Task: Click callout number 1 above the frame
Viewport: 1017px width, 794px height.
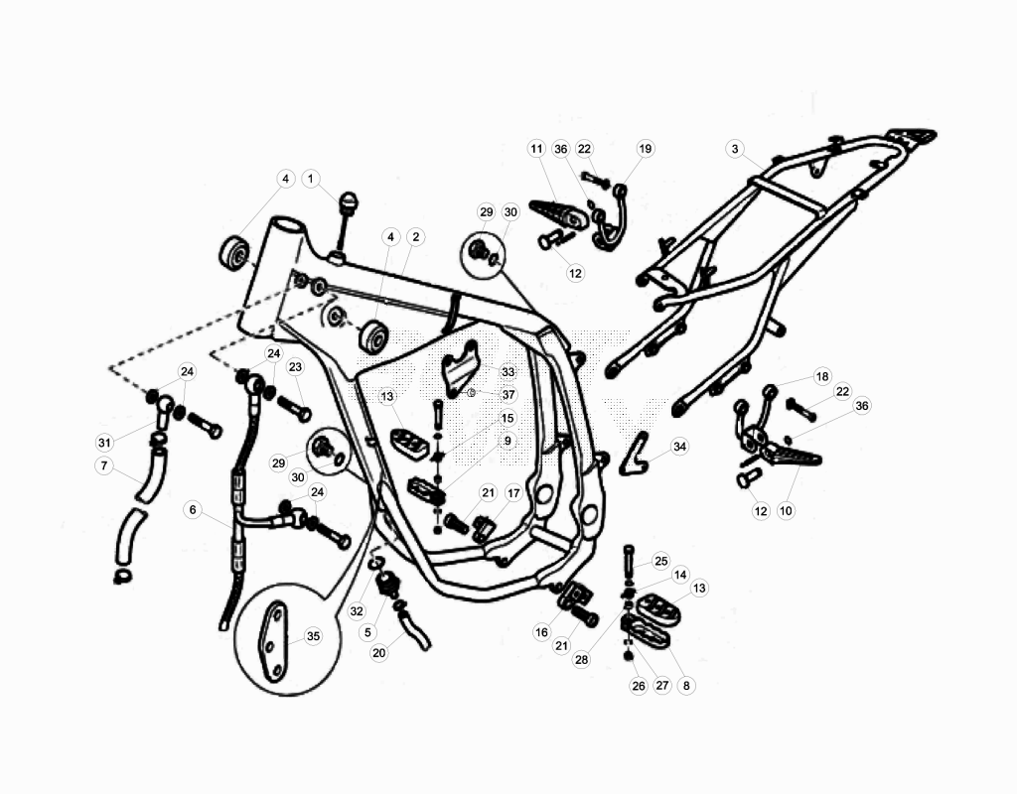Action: [311, 179]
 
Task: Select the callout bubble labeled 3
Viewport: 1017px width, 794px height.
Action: [734, 149]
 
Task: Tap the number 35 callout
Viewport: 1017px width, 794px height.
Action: [313, 636]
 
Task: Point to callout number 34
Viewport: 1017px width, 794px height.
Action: [679, 447]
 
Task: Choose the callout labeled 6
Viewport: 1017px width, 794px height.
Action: [193, 510]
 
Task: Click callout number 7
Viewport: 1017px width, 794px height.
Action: [103, 465]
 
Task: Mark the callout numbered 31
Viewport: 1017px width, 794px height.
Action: [104, 443]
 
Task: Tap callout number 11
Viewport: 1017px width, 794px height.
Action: [536, 149]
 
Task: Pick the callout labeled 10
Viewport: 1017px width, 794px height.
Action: [786, 511]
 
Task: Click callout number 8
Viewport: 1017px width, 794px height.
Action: [686, 685]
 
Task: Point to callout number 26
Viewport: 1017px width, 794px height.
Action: [639, 685]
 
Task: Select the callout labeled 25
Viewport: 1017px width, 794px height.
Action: [660, 561]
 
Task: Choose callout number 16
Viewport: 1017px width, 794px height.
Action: [541, 632]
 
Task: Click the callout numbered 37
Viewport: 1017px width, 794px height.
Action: [508, 395]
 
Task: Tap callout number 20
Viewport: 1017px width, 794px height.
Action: [378, 653]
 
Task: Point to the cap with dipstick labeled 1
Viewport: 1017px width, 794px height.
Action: [347, 221]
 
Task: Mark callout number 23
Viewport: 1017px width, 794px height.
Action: [295, 367]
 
